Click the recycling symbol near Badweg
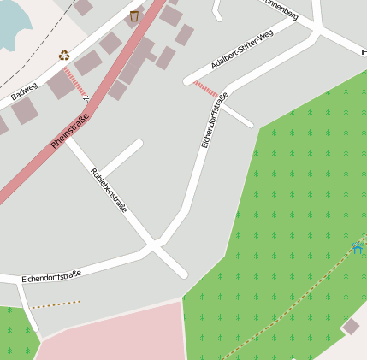pyautogui.click(x=64, y=56)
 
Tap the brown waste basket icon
pyautogui.click(x=134, y=15)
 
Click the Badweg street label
pyautogui.click(x=25, y=92)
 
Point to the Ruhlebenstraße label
pyautogui.click(x=109, y=190)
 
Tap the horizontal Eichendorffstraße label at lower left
pyautogui.click(x=51, y=276)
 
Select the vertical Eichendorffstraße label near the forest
pyautogui.click(x=215, y=120)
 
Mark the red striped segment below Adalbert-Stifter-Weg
pyautogui.click(x=205, y=88)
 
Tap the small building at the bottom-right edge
pyautogui.click(x=351, y=326)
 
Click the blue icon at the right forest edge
pyautogui.click(x=358, y=249)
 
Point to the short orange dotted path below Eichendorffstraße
pyautogui.click(x=56, y=304)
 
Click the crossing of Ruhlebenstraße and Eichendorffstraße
pyautogui.click(x=155, y=246)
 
